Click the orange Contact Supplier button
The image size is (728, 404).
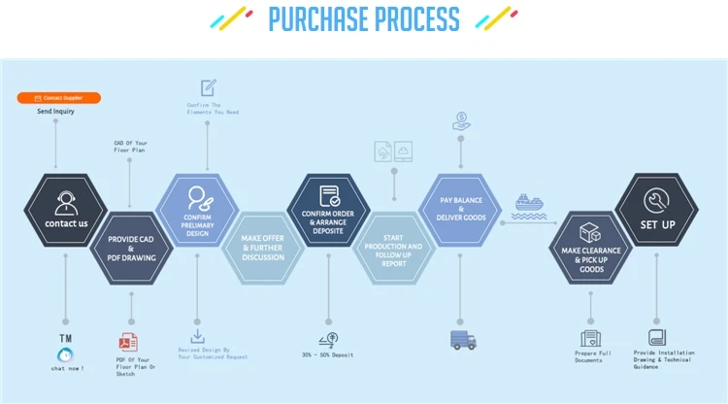(x=59, y=98)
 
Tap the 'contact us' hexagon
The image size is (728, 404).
(x=66, y=211)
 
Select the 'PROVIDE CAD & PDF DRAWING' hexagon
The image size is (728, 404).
(x=131, y=247)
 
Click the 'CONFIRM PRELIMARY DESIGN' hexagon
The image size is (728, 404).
(x=197, y=211)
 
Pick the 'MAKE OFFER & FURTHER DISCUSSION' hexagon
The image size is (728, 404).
(x=263, y=248)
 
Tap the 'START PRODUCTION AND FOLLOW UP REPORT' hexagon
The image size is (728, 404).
(x=394, y=249)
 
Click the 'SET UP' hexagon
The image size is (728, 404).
(x=657, y=211)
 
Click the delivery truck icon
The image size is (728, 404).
(x=463, y=340)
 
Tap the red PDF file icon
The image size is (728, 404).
(x=128, y=341)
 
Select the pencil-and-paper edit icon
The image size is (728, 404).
(x=208, y=87)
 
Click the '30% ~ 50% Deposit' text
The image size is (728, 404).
(x=328, y=355)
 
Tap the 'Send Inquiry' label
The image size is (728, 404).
(x=55, y=112)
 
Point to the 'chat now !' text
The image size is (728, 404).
(x=68, y=368)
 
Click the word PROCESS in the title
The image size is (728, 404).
(x=405, y=19)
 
